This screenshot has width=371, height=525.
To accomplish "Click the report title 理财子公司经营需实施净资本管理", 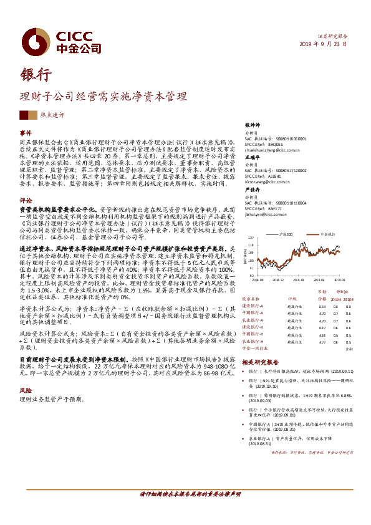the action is (x=104, y=97).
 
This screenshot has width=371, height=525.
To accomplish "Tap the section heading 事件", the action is (x=26, y=133).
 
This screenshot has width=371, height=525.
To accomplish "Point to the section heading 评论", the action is (x=26, y=201).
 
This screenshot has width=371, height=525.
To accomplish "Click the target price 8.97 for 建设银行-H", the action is (x=322, y=328).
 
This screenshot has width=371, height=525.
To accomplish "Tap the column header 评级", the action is (x=291, y=299).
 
